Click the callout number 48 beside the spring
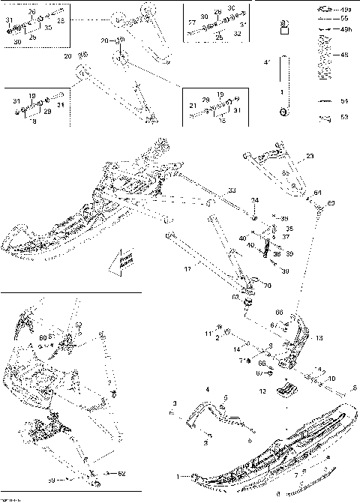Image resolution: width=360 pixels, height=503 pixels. [x=344, y=55]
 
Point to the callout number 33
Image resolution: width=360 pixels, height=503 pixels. [x=232, y=190]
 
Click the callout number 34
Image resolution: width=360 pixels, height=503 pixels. [x=255, y=201]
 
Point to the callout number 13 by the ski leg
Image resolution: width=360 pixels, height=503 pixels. [x=320, y=339]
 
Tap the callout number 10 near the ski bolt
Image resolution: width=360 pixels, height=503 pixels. [x=332, y=379]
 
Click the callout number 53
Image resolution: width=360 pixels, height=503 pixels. [x=344, y=117]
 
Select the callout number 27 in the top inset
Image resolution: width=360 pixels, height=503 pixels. [x=192, y=24]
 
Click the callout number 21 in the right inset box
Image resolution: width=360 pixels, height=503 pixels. [x=192, y=105]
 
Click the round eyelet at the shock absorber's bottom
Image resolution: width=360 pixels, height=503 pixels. [x=282, y=112]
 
